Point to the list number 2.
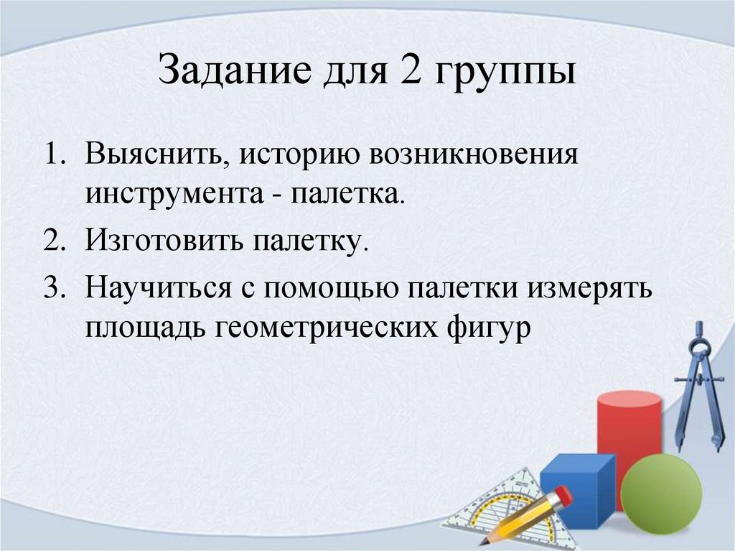(55, 241)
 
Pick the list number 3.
(55, 288)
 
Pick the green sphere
(660, 489)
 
